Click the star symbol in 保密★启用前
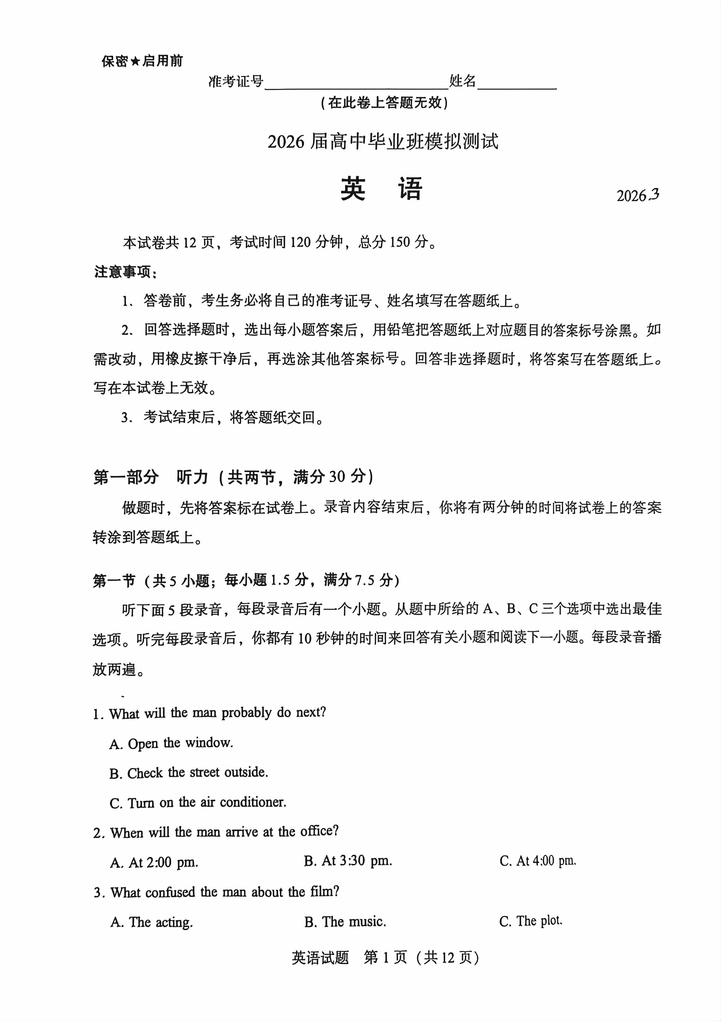point(134,61)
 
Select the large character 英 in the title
point(353,189)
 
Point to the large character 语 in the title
point(410,189)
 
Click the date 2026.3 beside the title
point(637,196)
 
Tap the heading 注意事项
point(125,272)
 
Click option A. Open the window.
point(171,743)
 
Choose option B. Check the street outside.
point(188,773)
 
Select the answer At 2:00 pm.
point(154,863)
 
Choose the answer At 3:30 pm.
point(348,861)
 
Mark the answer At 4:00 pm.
point(538,861)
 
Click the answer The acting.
point(152,922)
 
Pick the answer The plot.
point(531,921)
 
